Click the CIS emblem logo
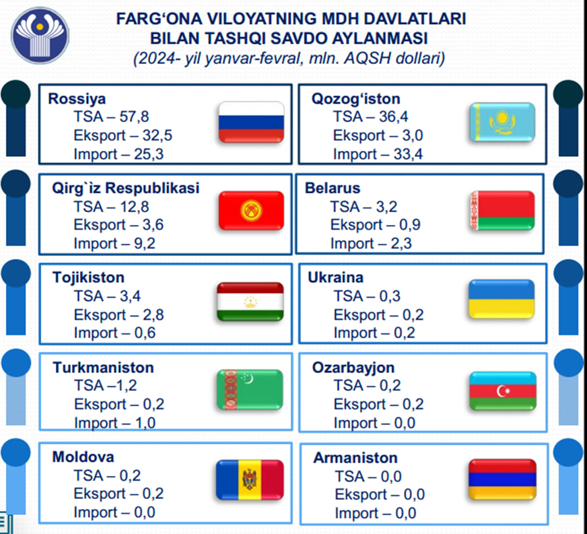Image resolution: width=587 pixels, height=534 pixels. point(40,35)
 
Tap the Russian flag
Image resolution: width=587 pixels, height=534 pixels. point(251,122)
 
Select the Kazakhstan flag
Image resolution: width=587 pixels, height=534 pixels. point(502,122)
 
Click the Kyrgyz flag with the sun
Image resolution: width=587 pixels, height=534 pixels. point(251,211)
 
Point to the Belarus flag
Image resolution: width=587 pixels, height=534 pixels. point(502,211)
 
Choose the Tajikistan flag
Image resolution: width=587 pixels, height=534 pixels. point(250,302)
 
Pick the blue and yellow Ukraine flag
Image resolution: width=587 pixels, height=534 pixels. point(502,299)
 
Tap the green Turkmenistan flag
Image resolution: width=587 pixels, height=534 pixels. point(250,389)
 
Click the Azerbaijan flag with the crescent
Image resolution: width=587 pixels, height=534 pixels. point(503,391)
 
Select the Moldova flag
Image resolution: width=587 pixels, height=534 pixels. point(250,479)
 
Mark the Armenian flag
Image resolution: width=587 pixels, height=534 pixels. point(502,479)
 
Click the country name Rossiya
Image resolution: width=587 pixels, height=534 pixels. point(77,99)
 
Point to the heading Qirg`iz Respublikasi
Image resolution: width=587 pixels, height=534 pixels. point(125,188)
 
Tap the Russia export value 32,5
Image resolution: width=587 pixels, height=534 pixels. point(158,135)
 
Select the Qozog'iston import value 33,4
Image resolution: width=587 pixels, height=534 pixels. point(408,154)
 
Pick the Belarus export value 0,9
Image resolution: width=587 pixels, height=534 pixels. point(410,225)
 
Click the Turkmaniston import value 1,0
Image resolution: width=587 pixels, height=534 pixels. point(145,423)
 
